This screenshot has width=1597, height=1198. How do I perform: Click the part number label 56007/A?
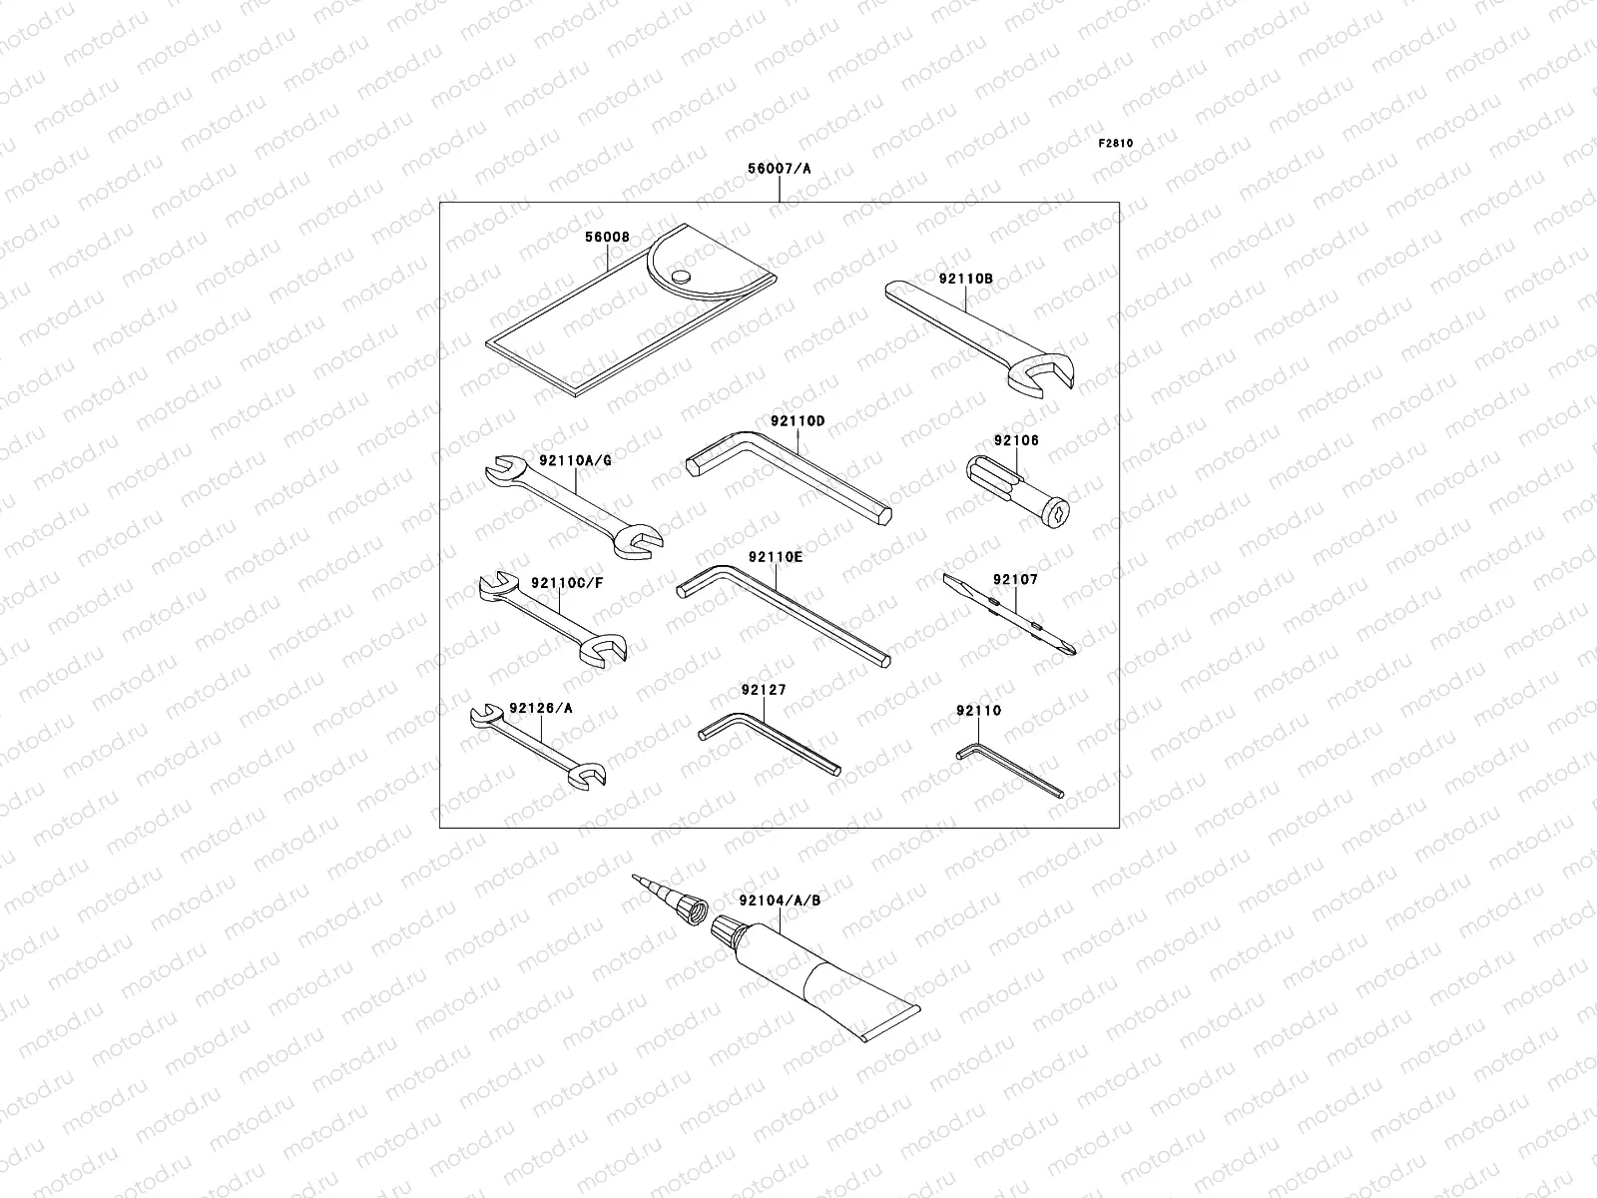coord(779,170)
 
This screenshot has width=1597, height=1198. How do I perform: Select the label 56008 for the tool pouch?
coord(607,238)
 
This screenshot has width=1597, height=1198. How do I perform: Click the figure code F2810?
coord(1116,144)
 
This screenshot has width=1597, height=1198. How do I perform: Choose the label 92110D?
coord(798,421)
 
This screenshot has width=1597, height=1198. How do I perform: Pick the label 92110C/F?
coord(567,583)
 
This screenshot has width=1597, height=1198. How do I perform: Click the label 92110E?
coord(775,558)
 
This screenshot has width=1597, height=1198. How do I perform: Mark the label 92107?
coord(1015,579)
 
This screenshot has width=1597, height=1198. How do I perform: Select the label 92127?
coord(764,690)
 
